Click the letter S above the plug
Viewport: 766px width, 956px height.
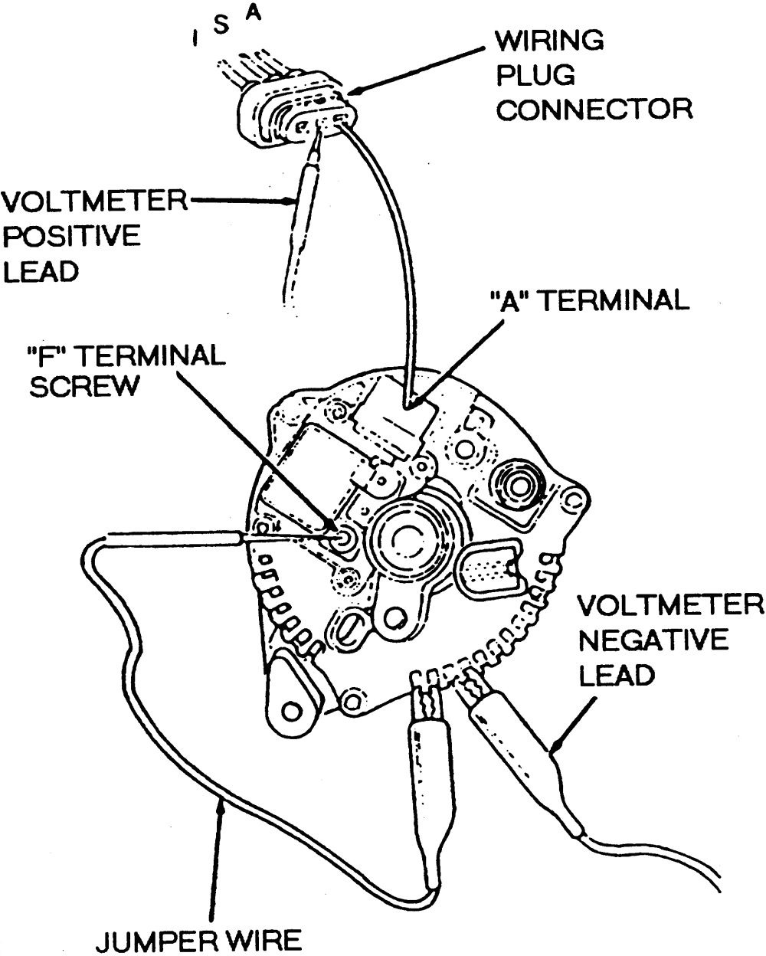(x=221, y=25)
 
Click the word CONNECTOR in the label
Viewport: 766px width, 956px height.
(x=593, y=109)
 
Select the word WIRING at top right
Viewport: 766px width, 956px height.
(x=547, y=40)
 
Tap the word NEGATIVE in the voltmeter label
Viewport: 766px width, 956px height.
(x=651, y=640)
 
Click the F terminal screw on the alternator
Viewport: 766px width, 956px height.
(x=342, y=538)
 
